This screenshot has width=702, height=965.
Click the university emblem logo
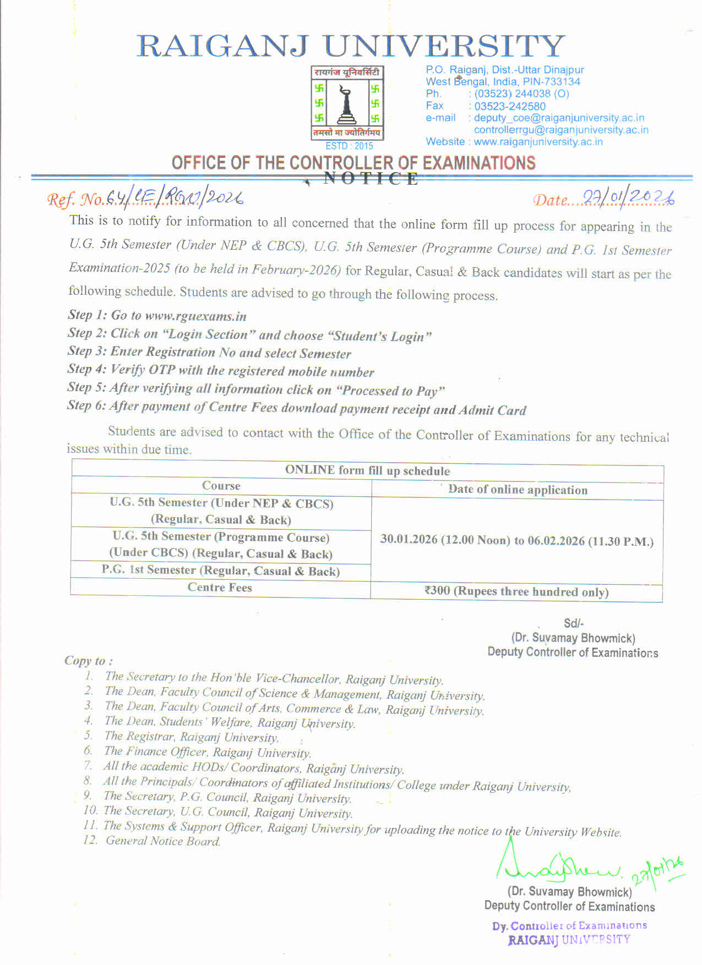(x=347, y=103)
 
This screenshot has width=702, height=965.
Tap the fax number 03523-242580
(x=510, y=106)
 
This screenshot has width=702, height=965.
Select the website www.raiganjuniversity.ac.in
(x=538, y=142)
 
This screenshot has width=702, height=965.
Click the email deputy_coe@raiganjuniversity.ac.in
(x=559, y=118)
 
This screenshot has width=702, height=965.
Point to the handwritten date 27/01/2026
(x=628, y=199)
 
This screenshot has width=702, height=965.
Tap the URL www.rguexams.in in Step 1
(x=195, y=316)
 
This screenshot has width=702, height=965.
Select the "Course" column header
(x=221, y=486)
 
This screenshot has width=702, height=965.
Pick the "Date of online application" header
(x=518, y=490)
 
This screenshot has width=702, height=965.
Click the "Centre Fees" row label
(x=220, y=588)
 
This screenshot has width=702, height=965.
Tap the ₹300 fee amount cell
(x=516, y=592)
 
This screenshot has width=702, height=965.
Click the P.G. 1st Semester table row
(x=220, y=571)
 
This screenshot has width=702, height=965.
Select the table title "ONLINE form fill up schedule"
(x=367, y=470)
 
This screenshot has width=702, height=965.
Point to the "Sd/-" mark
(x=573, y=623)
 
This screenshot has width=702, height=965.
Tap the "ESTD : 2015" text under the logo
(x=349, y=146)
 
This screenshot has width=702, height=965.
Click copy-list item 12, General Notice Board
(x=162, y=841)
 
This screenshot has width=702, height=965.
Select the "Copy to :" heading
(x=89, y=661)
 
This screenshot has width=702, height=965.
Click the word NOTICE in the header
(x=370, y=178)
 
